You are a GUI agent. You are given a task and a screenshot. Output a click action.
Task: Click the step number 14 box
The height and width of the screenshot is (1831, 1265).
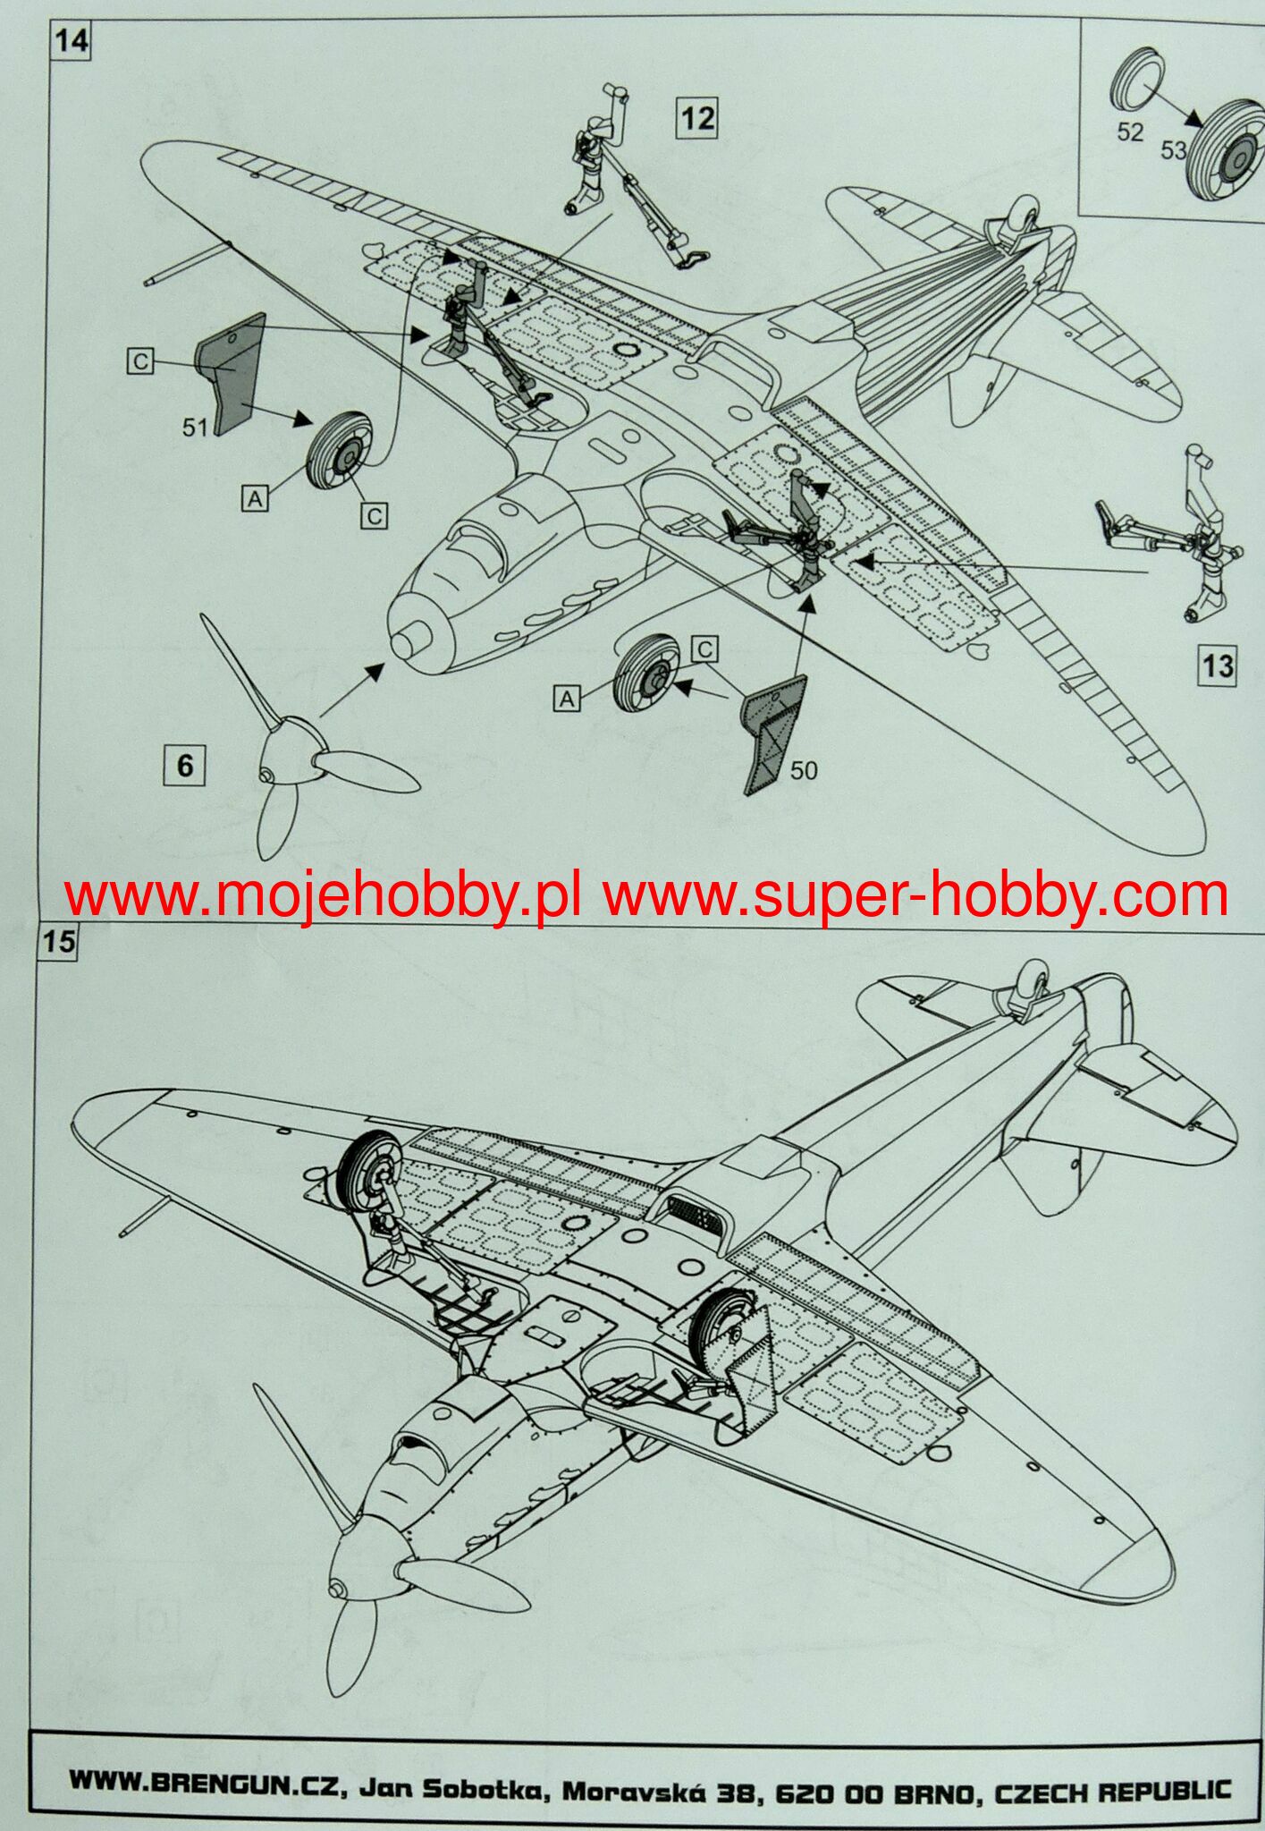(71, 42)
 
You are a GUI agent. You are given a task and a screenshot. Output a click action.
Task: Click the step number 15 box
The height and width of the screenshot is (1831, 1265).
(58, 944)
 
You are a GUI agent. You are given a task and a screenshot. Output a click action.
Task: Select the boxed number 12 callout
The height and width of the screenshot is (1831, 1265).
(697, 117)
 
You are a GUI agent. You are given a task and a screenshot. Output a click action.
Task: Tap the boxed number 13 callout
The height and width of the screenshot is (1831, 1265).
(1217, 665)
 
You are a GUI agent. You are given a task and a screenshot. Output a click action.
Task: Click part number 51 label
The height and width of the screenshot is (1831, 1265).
(196, 428)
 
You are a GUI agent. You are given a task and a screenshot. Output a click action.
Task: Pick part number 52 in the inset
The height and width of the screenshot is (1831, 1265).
(1130, 131)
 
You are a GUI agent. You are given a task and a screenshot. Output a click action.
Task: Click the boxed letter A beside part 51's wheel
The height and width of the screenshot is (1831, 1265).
(256, 499)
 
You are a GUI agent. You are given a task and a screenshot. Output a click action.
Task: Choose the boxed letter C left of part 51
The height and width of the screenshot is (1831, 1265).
(140, 361)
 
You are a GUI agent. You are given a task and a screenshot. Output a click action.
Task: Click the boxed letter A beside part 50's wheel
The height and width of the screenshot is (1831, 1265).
(568, 698)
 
